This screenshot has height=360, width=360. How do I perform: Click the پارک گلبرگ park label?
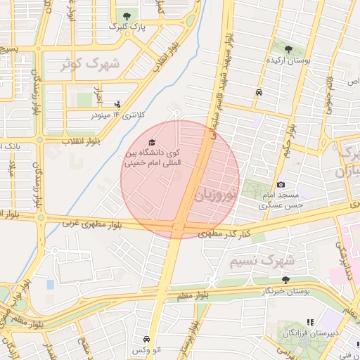(127, 26)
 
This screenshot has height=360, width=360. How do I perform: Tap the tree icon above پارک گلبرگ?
(127, 15)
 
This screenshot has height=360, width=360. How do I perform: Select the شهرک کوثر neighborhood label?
(90, 63)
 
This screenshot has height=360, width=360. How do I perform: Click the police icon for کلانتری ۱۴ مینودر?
(117, 103)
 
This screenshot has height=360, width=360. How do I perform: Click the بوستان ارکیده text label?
(288, 60)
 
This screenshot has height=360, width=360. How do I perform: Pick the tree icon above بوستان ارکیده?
(288, 49)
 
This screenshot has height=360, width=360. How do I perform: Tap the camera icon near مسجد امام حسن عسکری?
(281, 184)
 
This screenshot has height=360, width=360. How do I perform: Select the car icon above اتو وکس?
(146, 338)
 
